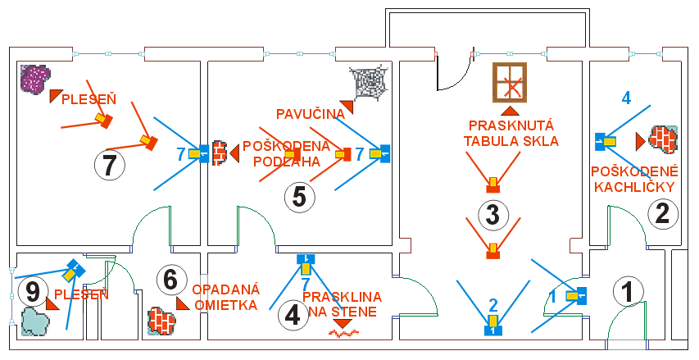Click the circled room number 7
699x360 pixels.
[x=109, y=166]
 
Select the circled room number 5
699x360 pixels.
[x=299, y=197]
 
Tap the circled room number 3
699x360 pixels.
[x=492, y=215]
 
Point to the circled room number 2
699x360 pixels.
[x=663, y=214]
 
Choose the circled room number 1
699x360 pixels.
[x=629, y=292]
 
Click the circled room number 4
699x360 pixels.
[x=293, y=317]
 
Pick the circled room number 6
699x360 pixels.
[x=171, y=280]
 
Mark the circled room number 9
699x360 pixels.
[x=34, y=293]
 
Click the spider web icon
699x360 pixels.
[x=368, y=82]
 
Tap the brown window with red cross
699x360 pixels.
[x=510, y=83]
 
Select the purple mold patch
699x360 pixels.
[x=35, y=79]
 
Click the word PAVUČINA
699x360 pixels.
[x=311, y=114]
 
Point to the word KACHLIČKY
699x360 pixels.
[x=634, y=187]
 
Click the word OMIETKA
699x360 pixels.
[x=226, y=305]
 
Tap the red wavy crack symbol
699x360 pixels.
[x=343, y=333]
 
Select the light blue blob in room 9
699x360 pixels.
[x=35, y=321]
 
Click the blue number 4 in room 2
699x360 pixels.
[x=626, y=98]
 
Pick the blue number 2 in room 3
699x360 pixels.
[x=492, y=305]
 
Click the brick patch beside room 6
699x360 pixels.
[x=161, y=321]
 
